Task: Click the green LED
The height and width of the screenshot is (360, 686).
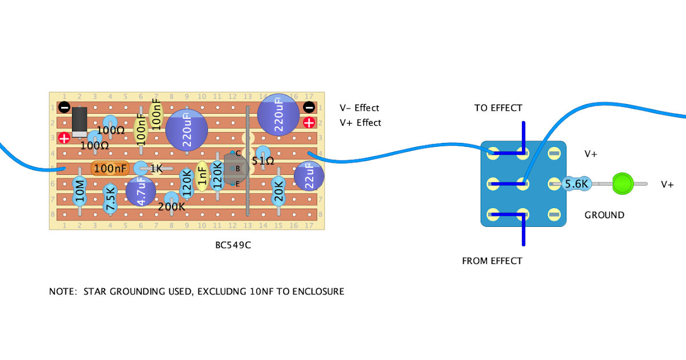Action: click(622, 184)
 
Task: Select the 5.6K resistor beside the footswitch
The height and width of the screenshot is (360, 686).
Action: click(576, 184)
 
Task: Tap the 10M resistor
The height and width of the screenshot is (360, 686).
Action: click(80, 192)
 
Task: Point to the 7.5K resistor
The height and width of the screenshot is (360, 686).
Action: click(110, 198)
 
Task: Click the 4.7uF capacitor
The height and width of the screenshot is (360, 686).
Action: click(140, 191)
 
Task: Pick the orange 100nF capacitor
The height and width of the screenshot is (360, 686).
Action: click(110, 169)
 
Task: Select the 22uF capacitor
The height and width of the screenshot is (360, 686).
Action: click(309, 175)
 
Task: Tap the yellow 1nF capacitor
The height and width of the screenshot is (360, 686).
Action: click(202, 175)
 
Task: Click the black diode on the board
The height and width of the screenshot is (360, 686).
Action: click(80, 122)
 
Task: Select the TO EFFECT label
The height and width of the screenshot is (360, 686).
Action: click(498, 108)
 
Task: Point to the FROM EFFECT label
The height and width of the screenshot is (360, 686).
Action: click(492, 261)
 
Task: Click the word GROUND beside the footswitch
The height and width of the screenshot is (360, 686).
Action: click(604, 215)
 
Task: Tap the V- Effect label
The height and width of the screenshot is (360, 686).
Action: click(359, 108)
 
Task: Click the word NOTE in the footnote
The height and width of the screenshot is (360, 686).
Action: click(62, 291)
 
